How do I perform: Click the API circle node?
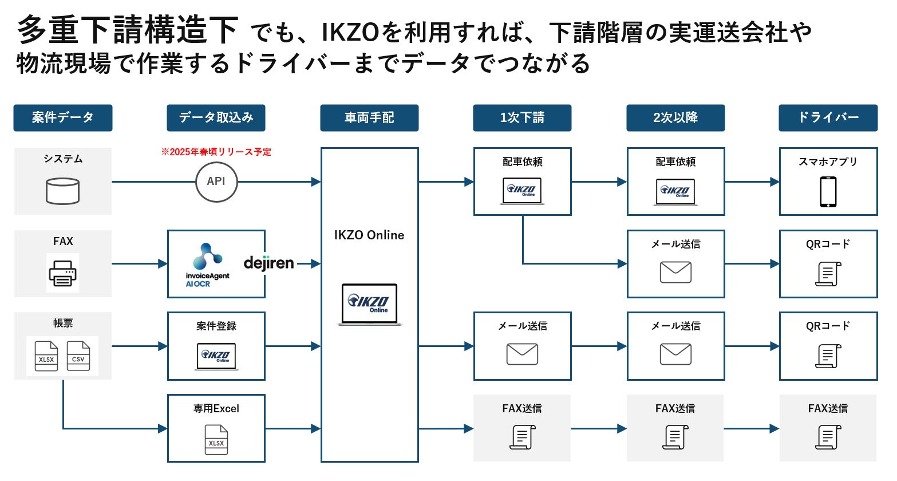click(x=216, y=182)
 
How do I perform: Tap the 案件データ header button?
click(x=63, y=118)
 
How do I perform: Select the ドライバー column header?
click(x=828, y=118)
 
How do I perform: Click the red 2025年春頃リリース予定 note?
click(x=216, y=152)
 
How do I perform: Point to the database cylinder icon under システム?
click(x=62, y=191)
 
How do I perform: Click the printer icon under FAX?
click(x=62, y=273)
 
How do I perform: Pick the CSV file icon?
click(x=78, y=356)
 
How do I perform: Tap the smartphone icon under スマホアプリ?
click(x=828, y=192)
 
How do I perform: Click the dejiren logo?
click(x=268, y=263)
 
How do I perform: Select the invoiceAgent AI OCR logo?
click(x=207, y=265)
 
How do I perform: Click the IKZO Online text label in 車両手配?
click(x=369, y=235)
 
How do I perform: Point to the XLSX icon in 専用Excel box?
click(x=216, y=440)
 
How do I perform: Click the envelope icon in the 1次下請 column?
click(x=522, y=354)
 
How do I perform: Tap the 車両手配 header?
click(x=369, y=118)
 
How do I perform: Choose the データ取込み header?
click(x=216, y=118)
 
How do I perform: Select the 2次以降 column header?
click(x=675, y=118)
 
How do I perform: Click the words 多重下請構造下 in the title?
click(x=127, y=30)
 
